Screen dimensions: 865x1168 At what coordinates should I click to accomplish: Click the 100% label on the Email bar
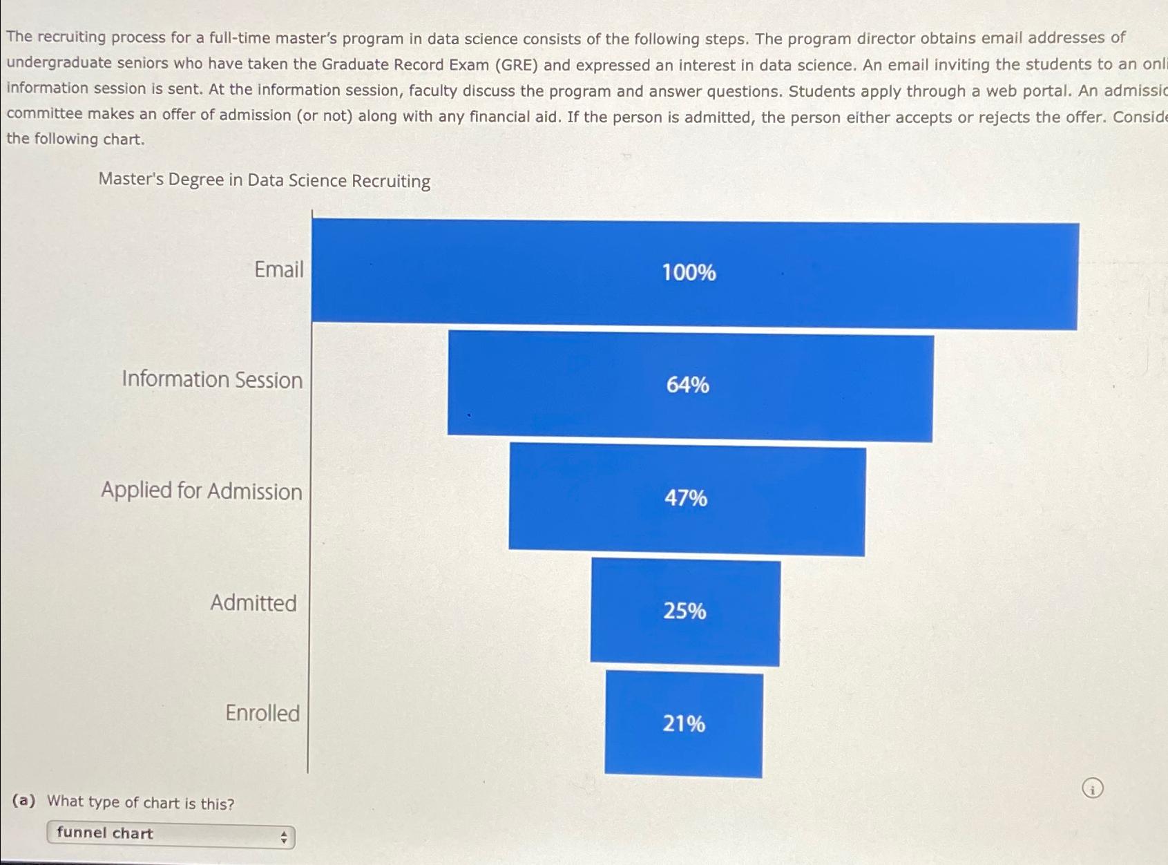coord(689,272)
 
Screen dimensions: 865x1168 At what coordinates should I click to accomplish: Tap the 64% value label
coord(687,385)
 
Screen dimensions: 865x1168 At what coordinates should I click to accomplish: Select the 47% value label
coord(686,497)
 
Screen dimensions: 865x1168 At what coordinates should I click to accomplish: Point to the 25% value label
coord(684,611)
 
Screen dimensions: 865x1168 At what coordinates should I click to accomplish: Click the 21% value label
coord(684,723)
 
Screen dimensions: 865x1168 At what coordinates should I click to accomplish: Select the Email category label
coord(278,269)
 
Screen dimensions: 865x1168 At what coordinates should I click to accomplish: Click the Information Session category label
coord(212,379)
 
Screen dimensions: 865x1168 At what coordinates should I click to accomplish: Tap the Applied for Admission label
coord(202,491)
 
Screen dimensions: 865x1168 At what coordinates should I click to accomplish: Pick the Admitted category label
coord(253,602)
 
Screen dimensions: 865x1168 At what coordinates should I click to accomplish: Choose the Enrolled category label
coord(262,712)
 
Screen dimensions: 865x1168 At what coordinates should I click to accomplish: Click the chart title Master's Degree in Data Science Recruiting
coord(264,180)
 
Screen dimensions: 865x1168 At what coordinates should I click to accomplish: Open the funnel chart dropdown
coord(170,835)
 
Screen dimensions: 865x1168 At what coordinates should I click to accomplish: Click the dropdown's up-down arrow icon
coord(283,838)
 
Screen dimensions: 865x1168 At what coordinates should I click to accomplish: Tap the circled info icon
coord(1093,788)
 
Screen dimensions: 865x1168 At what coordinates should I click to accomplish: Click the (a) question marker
coord(23,801)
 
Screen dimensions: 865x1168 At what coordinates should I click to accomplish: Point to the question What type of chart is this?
coord(141,803)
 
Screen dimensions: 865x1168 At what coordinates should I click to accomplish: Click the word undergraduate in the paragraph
coord(59,63)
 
